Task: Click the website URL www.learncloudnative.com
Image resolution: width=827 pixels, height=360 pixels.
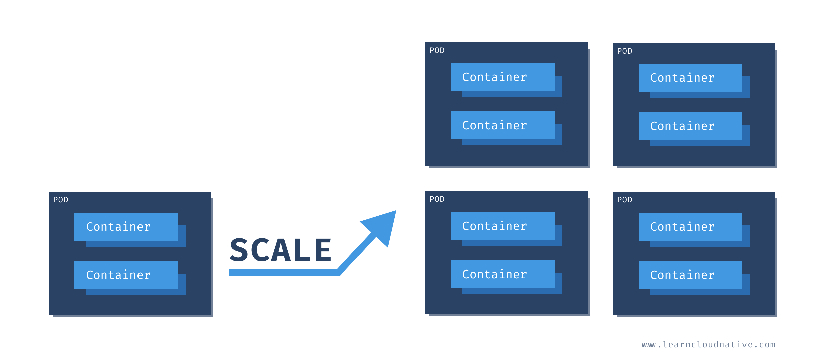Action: pos(708,344)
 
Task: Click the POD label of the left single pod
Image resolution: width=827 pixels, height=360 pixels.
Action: pos(61,200)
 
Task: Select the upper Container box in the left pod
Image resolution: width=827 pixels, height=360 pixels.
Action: pos(126,227)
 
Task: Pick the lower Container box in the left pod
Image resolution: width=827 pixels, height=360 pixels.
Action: pos(126,275)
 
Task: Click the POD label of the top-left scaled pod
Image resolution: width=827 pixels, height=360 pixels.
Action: pos(437,51)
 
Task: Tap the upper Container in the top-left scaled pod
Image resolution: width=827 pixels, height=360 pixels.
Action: pos(502,77)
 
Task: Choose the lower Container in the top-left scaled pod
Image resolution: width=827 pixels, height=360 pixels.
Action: pos(502,125)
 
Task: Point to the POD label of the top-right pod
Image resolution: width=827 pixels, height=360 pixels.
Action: pos(625,51)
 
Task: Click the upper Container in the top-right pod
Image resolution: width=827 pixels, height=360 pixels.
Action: pos(690,78)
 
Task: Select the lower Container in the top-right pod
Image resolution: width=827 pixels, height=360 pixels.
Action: pos(690,126)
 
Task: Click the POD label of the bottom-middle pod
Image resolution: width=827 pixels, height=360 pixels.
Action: pos(437,199)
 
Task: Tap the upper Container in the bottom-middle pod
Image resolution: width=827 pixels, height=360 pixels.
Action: pos(502,226)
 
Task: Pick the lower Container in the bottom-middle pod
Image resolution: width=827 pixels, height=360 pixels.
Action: pos(502,274)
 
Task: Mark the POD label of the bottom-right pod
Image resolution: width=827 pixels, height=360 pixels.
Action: pos(625,200)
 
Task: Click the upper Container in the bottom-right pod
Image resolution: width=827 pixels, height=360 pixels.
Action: pos(690,227)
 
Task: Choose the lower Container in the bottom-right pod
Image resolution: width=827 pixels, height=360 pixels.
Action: pos(690,275)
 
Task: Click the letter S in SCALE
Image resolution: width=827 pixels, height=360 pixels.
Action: pos(239,250)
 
